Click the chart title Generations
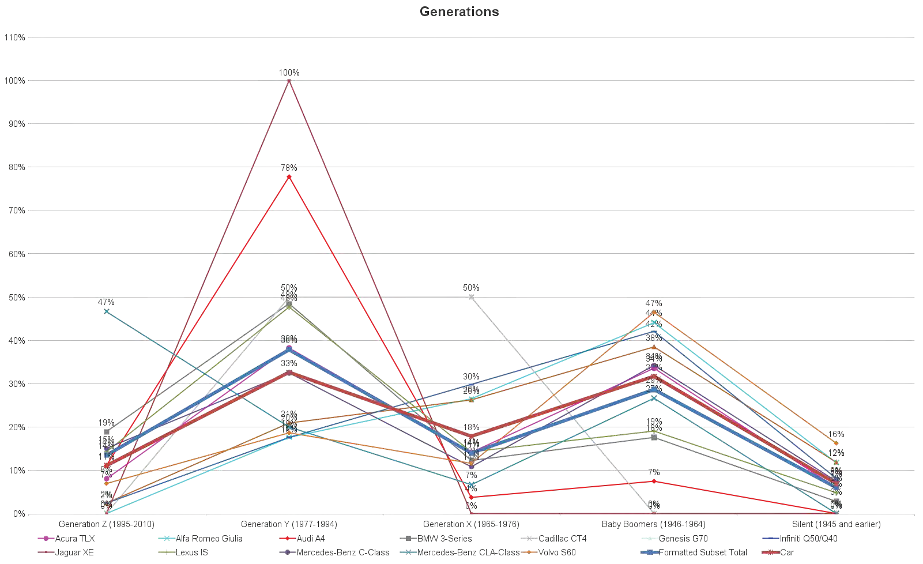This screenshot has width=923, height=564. [x=459, y=12]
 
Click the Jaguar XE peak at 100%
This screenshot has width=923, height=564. [x=289, y=81]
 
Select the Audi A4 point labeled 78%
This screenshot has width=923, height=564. [x=289, y=177]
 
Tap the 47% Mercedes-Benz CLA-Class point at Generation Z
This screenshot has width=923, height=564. [x=107, y=311]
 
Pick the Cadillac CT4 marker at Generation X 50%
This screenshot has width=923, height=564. [x=472, y=297]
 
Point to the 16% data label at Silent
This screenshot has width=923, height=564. [x=836, y=434]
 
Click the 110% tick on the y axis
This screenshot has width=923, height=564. [x=15, y=37]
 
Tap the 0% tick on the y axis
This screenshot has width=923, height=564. [x=18, y=514]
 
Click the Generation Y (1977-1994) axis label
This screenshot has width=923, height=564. [x=289, y=524]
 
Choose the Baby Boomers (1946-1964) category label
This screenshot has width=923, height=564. [x=653, y=524]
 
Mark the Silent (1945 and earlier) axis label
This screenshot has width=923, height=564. [x=836, y=524]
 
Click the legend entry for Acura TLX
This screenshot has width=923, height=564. [x=74, y=539]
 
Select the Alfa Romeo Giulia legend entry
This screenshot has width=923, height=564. [x=209, y=539]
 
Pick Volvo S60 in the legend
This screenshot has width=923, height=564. [x=557, y=552]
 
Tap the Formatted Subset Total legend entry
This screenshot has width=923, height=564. [x=702, y=552]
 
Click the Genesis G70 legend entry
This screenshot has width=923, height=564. [x=683, y=539]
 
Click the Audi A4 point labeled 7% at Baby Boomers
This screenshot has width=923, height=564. [x=654, y=482]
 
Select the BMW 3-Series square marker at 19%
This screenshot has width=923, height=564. [x=107, y=432]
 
